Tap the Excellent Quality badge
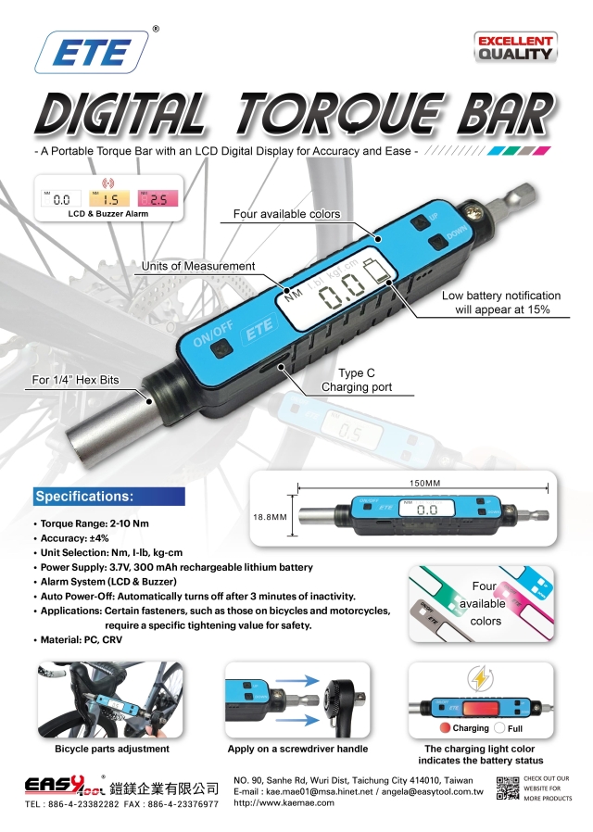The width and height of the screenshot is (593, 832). (x=515, y=46)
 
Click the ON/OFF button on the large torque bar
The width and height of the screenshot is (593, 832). (x=221, y=348)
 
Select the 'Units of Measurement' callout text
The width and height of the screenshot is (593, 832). (x=197, y=267)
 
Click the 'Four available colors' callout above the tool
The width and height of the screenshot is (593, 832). (x=286, y=214)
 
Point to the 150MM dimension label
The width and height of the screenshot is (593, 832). (x=425, y=483)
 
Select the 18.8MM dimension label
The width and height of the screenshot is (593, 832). (x=270, y=517)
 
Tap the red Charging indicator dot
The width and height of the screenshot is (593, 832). (x=445, y=728)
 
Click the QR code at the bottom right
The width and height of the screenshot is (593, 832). (x=508, y=788)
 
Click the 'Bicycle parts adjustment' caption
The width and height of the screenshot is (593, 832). (x=112, y=749)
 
